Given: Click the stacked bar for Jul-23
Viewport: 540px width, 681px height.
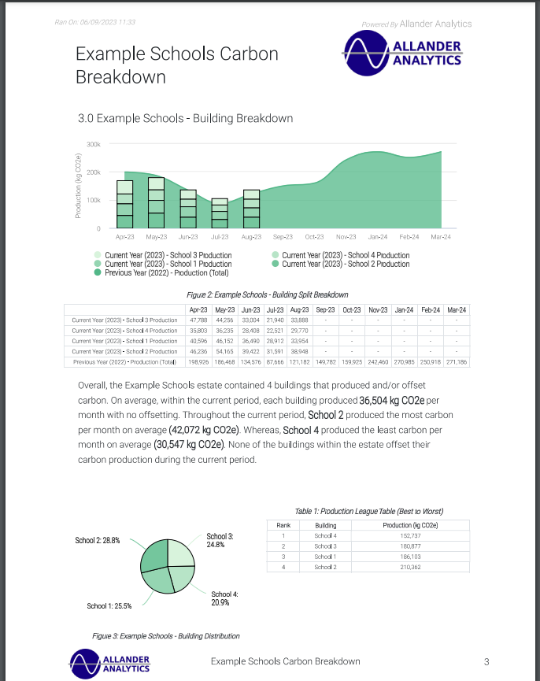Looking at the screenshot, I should click(220, 213).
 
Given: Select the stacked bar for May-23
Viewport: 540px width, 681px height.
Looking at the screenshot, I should click(157, 203).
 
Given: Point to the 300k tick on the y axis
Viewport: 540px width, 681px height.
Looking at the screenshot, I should click(93, 145).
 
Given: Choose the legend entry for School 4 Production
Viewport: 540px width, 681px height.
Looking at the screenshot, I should click(346, 255).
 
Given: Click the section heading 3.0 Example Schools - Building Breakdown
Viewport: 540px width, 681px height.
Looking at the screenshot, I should click(185, 118).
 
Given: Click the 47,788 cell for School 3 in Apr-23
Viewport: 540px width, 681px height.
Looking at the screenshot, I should click(198, 320).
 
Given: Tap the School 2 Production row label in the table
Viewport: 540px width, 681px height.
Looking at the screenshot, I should click(124, 351).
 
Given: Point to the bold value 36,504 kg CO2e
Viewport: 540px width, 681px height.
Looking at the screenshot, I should click(387, 400).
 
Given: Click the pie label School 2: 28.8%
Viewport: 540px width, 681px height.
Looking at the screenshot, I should click(98, 541).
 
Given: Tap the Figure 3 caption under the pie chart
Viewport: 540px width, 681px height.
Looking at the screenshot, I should click(165, 635).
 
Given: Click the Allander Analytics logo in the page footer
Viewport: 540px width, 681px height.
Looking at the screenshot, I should click(109, 662).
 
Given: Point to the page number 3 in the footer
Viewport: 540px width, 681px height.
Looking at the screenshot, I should click(486, 661).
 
